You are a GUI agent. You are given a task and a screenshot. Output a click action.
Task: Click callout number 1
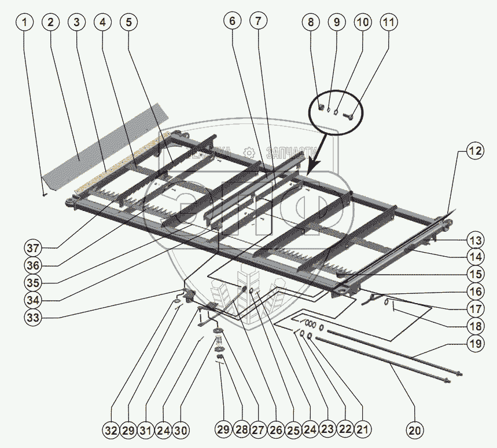coord(24,23)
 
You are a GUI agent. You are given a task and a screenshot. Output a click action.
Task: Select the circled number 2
coord(51,23)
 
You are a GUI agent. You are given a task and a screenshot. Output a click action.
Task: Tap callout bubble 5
coord(128,23)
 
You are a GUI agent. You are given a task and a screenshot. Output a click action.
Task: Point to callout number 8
coord(311,23)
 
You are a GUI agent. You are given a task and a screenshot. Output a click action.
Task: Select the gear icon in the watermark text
coord(249,152)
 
